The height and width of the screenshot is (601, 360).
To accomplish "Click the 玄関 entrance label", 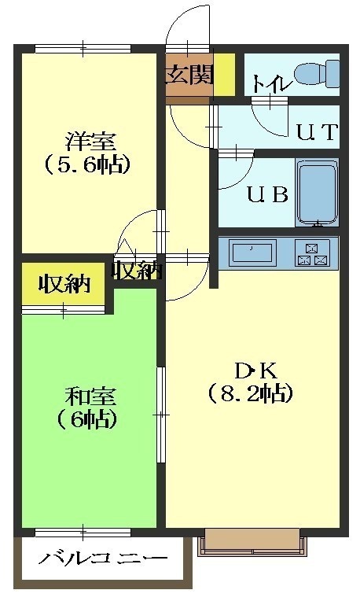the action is pos(189,75).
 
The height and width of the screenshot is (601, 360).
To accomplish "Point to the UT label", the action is pos(317,131).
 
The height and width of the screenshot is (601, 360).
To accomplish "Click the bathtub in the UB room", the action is pos(317,193).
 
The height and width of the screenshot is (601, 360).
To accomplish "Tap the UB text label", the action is pos(268,194).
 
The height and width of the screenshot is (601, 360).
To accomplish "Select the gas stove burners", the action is pos(313,253).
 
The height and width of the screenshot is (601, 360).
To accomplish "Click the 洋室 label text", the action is pos(90,141).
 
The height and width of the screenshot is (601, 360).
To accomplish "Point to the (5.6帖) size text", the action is pos(88,165).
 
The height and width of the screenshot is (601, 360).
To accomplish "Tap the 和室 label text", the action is pos(90,396).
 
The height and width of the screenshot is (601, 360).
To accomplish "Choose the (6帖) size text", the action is pos(87,420).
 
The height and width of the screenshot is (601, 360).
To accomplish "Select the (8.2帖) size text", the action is pos(251,393).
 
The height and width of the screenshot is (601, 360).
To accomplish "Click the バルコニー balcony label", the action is pos(103,558).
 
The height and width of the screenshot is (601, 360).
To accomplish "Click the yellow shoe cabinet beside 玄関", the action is pos(224,75).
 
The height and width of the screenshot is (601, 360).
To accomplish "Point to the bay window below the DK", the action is pos(252,542).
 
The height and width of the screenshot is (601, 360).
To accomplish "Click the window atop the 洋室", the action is pos(83,49).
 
